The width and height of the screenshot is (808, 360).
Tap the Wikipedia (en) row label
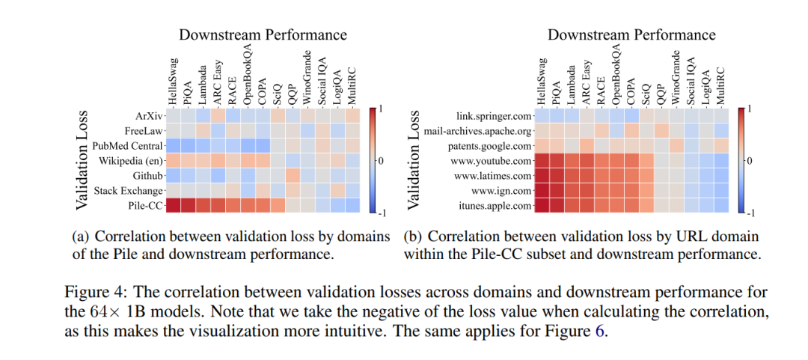(x=128, y=160)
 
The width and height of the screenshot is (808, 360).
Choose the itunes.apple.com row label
(x=494, y=205)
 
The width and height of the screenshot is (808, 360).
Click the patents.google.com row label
(x=490, y=145)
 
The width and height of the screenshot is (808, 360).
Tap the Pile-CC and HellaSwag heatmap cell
(x=173, y=205)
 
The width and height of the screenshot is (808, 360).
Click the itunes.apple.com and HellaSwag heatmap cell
(x=543, y=205)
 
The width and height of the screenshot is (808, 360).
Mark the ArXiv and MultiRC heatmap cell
(x=352, y=116)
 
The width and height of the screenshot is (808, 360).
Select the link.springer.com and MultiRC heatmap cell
(x=722, y=116)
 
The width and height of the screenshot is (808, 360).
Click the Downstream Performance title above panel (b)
(x=631, y=34)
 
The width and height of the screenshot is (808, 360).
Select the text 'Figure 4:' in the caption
(x=89, y=290)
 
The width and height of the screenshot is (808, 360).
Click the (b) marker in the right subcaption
(x=412, y=237)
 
